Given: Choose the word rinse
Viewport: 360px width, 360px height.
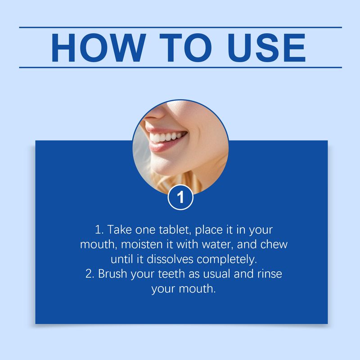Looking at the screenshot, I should [x=269, y=274].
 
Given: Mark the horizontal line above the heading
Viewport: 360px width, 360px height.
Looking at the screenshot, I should [x=180, y=27].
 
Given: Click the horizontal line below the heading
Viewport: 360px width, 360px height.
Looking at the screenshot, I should [x=180, y=67].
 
